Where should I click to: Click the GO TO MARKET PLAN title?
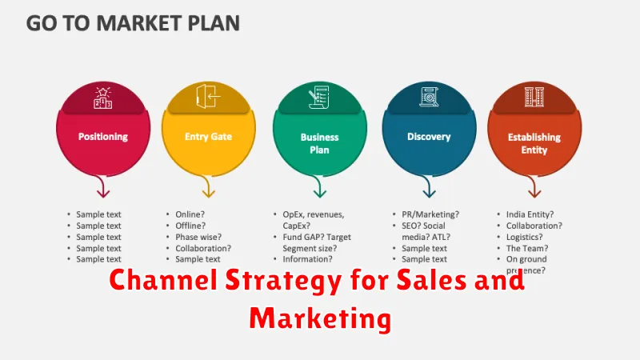tap(133, 23)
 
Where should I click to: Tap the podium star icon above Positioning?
tap(103, 98)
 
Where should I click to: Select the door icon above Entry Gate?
tap(208, 96)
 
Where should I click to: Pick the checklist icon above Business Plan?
tap(318, 97)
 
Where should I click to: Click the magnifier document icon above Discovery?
tap(429, 97)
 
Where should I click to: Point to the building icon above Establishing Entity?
tap(534, 97)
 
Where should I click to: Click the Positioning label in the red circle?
tap(103, 137)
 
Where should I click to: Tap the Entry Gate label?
tap(208, 137)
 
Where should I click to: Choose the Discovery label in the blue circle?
tap(429, 137)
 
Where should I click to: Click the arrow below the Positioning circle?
tap(102, 186)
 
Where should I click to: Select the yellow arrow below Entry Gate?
tap(208, 186)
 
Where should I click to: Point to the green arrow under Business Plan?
tap(318, 186)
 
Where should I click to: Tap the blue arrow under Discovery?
tap(428, 186)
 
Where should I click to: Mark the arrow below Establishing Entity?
tap(534, 186)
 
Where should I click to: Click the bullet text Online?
tap(190, 214)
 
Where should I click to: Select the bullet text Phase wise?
tap(198, 237)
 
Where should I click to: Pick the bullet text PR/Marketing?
tap(430, 214)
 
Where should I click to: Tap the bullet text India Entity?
tap(530, 214)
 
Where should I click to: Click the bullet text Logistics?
tap(525, 237)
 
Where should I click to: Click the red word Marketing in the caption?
tap(321, 318)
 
